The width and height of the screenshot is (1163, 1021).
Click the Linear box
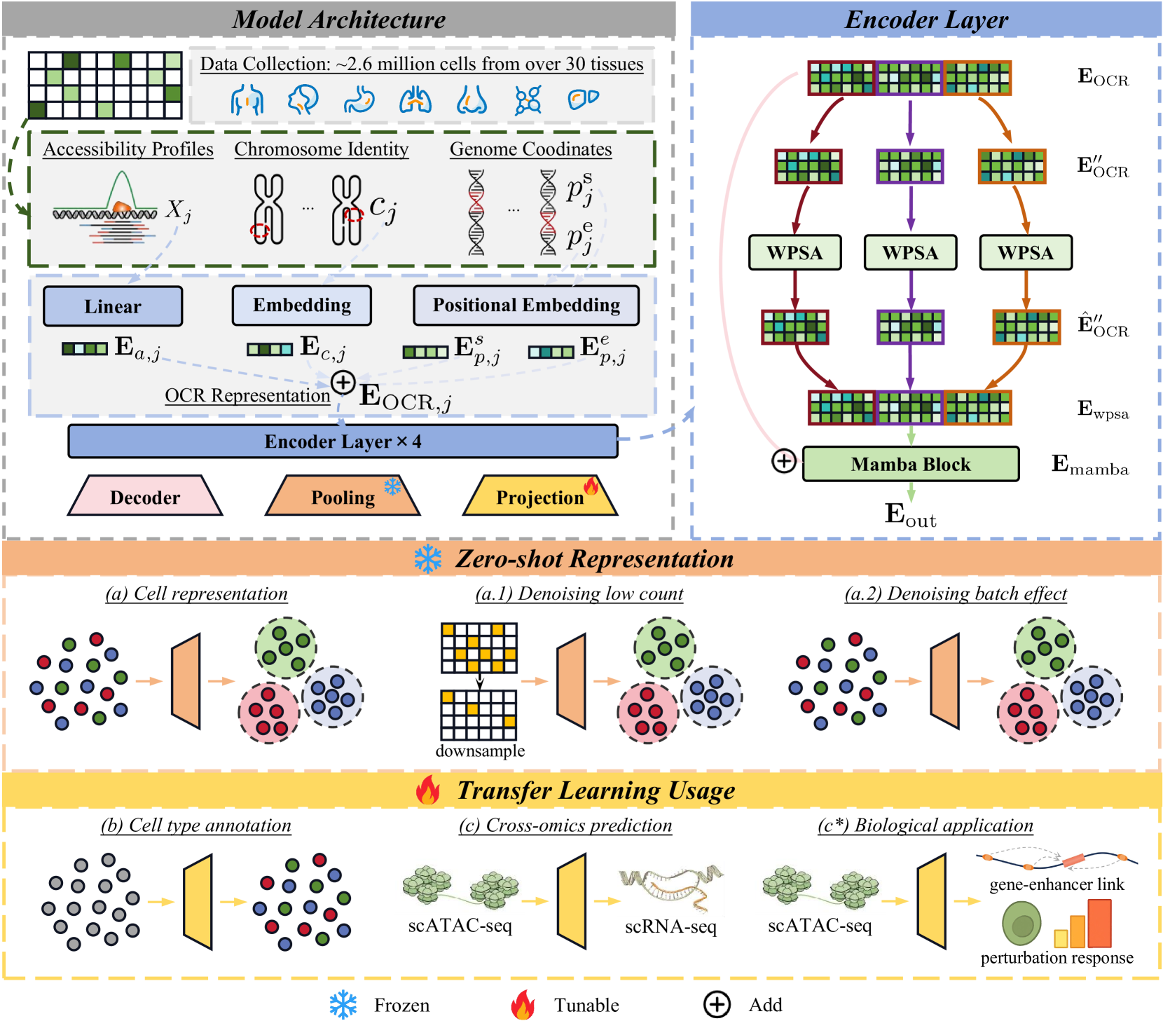(x=113, y=306)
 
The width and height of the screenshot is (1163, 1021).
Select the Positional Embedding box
(x=526, y=305)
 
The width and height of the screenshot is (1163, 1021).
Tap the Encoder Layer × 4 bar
(x=343, y=441)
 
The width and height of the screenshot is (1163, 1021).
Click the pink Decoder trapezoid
(x=145, y=497)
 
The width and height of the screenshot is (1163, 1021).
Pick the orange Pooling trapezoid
(x=343, y=497)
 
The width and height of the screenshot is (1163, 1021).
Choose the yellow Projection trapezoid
(x=539, y=497)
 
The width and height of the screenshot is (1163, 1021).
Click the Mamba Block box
(x=910, y=464)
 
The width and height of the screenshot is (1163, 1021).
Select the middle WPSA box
(x=910, y=252)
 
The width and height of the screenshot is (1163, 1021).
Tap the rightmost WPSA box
(x=1025, y=252)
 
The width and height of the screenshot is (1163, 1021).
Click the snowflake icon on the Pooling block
(x=392, y=486)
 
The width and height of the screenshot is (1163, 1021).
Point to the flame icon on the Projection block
(x=591, y=485)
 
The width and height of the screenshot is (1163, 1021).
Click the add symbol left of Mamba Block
(x=784, y=461)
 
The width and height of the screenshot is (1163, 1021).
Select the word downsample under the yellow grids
(x=480, y=751)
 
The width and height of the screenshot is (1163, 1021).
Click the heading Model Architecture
(x=338, y=20)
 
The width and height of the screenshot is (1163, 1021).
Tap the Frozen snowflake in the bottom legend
(x=343, y=1005)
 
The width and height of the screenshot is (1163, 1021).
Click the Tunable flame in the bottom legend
(x=523, y=1005)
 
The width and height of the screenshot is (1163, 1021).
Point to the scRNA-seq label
(x=670, y=926)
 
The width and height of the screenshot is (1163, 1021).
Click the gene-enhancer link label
(x=1057, y=884)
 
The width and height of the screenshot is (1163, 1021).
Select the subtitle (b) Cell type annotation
(x=196, y=825)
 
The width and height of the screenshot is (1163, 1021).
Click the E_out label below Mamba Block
(x=910, y=515)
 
